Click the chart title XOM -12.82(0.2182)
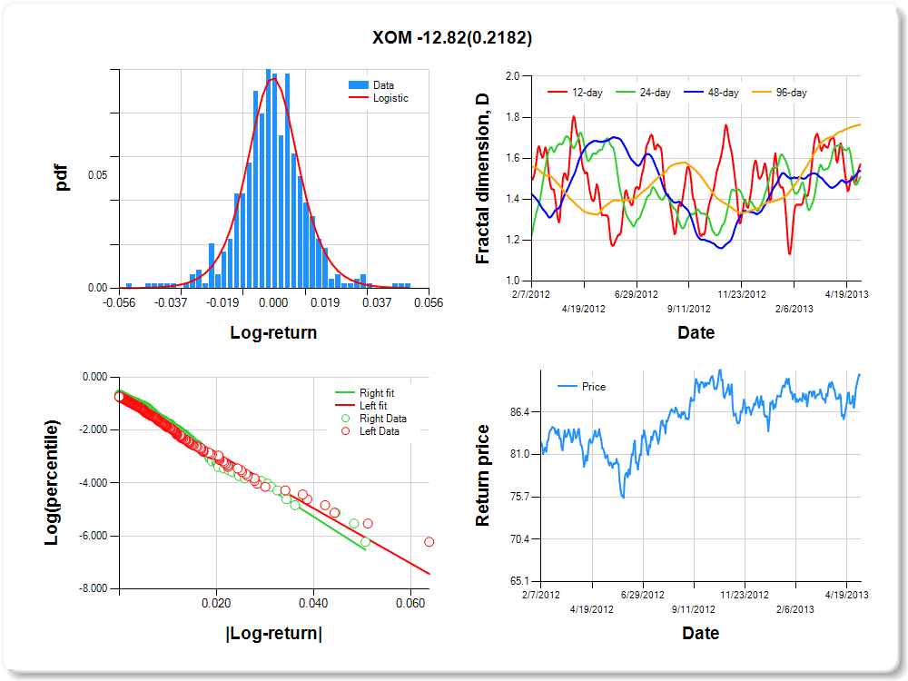pos(452,38)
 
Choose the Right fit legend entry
pos(377,393)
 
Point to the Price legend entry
pos(593,387)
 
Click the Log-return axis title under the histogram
pos(273,332)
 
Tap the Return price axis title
pos(483,475)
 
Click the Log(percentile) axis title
pos(52,482)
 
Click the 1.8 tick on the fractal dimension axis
pos(512,117)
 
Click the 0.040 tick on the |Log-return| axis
pos(313,602)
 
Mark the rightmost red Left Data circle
pos(429,542)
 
